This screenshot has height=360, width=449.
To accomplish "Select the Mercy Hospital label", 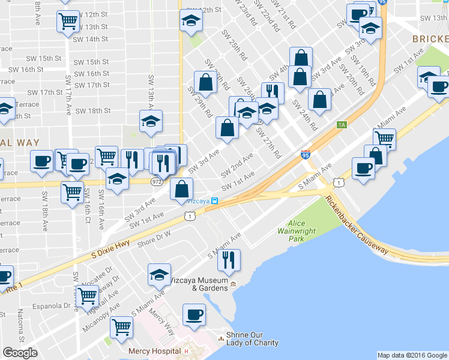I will tap(154, 351).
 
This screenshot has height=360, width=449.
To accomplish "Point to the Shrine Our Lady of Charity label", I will tap(252, 339).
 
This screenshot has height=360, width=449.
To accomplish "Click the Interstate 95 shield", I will tap(306, 155).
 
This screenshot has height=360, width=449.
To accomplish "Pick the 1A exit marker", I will tap(342, 125).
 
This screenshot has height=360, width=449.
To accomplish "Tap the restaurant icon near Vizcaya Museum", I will tap(229, 260).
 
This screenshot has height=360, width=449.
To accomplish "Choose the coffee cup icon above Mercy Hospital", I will tap(194, 314).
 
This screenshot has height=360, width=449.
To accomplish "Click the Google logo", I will tap(20, 353).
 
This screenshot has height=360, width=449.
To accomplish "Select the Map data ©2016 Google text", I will tap(411, 355).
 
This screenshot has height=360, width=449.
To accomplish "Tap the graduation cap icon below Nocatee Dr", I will tap(159, 275).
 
